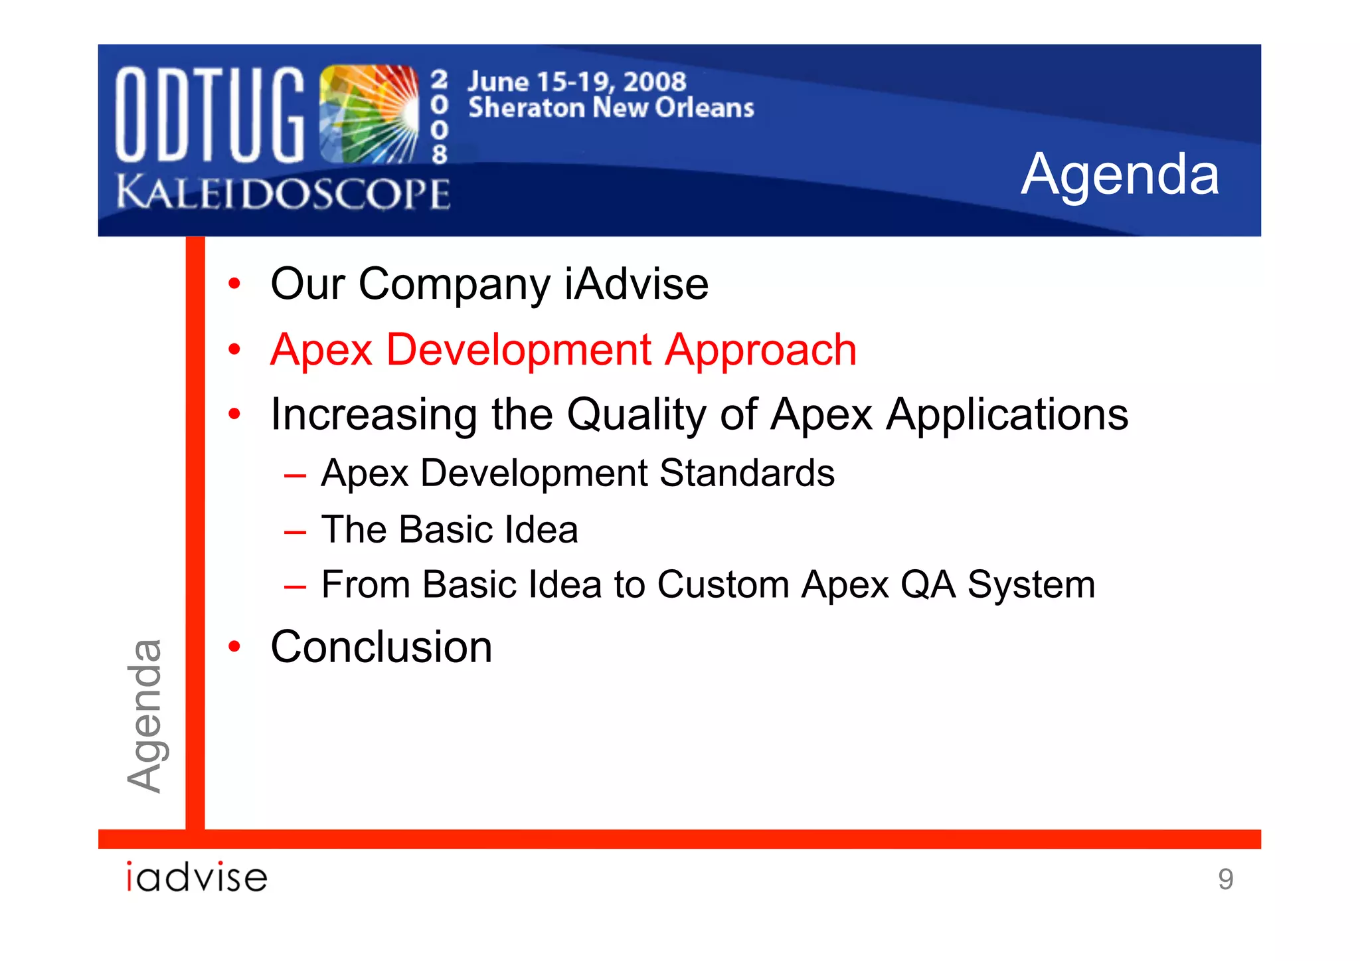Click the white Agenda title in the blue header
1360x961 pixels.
point(1120,174)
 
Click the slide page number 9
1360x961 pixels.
point(1225,879)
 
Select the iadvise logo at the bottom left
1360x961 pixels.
point(197,877)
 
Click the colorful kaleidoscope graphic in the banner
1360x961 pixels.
point(369,114)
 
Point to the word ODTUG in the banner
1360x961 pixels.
point(209,114)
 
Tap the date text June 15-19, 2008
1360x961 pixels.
point(576,82)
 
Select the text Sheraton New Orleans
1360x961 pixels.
point(611,108)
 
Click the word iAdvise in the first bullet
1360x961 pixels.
point(636,284)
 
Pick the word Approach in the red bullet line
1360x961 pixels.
point(761,350)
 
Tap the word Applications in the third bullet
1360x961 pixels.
point(1007,415)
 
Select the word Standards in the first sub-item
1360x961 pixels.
point(746,474)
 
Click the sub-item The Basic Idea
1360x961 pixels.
point(450,530)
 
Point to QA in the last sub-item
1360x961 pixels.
point(928,585)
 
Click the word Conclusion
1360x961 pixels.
point(381,647)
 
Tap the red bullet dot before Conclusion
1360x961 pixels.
point(234,646)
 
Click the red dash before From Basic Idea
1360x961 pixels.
point(294,587)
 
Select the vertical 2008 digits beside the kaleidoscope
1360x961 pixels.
point(439,117)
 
